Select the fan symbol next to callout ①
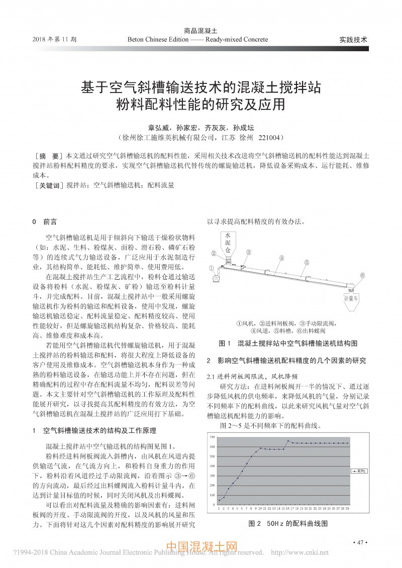(x=217, y=277)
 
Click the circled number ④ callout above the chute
(x=282, y=258)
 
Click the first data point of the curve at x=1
(x=219, y=500)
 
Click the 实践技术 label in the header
(x=353, y=39)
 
